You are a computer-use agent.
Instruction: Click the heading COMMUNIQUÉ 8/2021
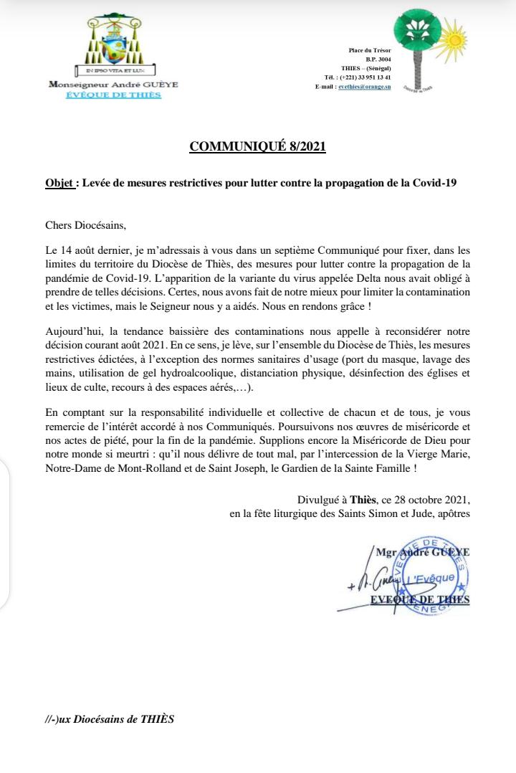[x=257, y=147]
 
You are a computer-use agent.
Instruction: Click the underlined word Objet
[x=59, y=183]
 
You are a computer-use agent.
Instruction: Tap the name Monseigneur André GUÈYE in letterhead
[x=113, y=84]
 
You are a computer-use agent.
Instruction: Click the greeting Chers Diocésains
[x=85, y=226]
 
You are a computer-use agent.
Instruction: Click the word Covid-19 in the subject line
[x=434, y=183]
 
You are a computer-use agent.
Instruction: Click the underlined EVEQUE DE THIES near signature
[x=420, y=599]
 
